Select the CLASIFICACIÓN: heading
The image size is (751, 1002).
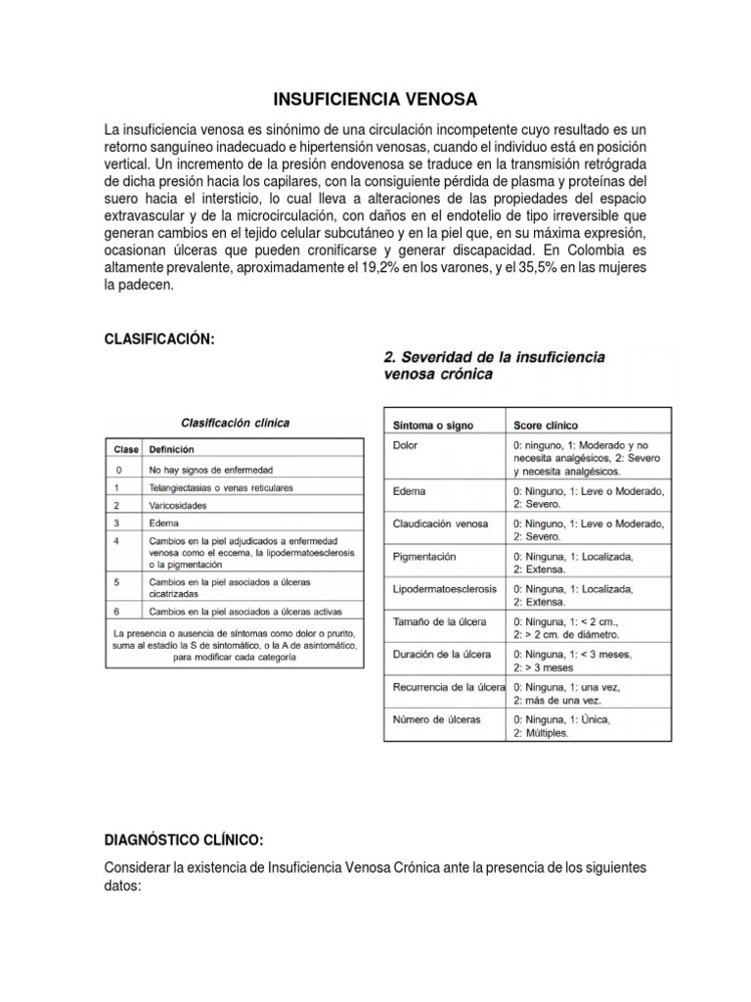tap(158, 339)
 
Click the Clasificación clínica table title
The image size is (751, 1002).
tap(235, 423)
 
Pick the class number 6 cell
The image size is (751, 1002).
tap(118, 611)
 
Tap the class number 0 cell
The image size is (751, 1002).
tap(118, 469)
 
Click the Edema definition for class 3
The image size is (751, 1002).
tap(164, 523)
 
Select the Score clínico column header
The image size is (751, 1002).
tap(546, 426)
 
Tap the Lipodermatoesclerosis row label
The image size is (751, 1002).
tap(444, 590)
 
